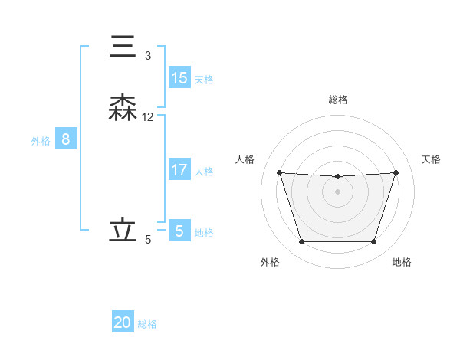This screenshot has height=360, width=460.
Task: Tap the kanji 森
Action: (x=123, y=109)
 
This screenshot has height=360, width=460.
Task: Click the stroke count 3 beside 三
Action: (x=147, y=55)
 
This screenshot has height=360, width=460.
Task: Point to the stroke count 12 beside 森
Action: (x=148, y=117)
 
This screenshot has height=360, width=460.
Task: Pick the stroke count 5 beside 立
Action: (x=147, y=240)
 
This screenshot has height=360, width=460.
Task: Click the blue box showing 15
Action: (x=179, y=78)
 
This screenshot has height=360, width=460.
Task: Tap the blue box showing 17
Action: (x=179, y=170)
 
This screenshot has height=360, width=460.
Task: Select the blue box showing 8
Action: (x=66, y=139)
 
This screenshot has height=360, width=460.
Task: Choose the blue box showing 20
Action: (x=123, y=322)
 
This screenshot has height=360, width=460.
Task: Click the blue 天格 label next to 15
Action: (x=204, y=80)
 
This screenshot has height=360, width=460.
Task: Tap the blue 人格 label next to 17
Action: (x=204, y=172)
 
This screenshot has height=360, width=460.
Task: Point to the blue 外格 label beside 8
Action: (x=41, y=141)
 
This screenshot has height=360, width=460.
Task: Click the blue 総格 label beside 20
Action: (x=147, y=324)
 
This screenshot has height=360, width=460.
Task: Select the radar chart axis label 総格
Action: (x=337, y=100)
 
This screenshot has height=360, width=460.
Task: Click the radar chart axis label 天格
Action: (x=432, y=159)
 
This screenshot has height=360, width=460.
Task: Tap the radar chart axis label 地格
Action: (x=402, y=262)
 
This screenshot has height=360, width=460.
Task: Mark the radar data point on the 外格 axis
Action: (x=301, y=242)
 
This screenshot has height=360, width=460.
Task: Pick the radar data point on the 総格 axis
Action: (x=337, y=177)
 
